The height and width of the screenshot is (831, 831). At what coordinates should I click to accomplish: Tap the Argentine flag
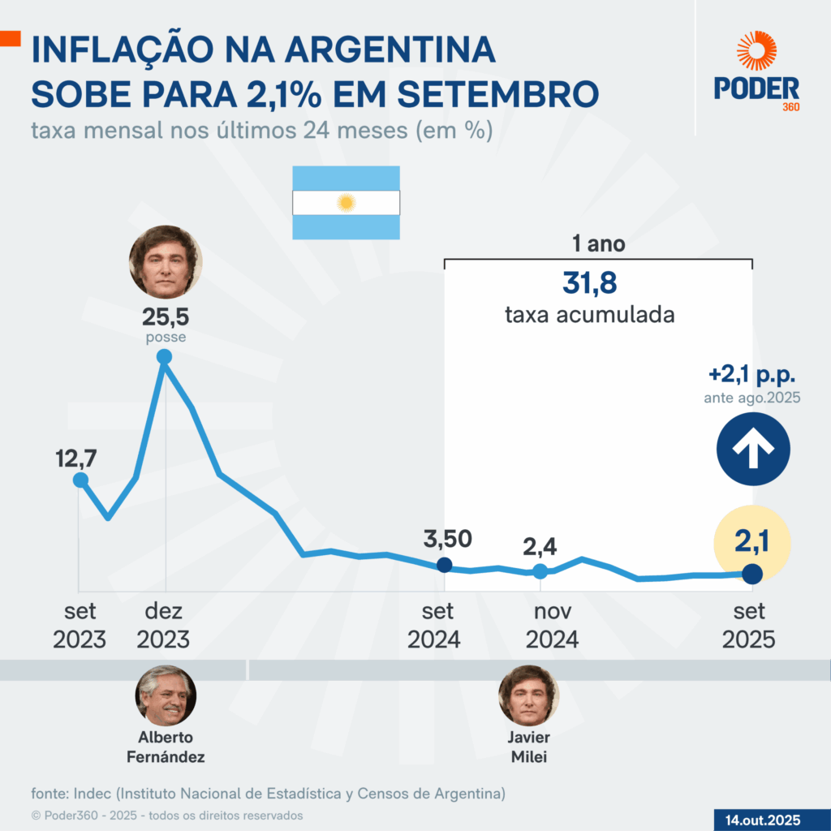(347, 203)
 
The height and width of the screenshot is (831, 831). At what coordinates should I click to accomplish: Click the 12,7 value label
(76, 459)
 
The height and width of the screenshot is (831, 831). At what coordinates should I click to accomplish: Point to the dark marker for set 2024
(445, 565)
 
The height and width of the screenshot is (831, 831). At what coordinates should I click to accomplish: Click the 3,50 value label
(447, 538)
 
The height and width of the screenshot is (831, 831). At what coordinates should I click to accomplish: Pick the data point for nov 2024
(540, 571)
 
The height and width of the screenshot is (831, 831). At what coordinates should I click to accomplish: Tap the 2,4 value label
(540, 547)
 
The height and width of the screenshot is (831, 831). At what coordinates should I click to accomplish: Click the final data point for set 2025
(752, 574)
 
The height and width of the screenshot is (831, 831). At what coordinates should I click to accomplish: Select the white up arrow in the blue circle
(752, 449)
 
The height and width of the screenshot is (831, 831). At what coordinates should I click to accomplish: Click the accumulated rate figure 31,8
(590, 284)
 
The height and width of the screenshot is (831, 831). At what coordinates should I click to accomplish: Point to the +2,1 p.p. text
(751, 376)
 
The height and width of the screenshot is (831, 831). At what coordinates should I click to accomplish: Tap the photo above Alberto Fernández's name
(166, 695)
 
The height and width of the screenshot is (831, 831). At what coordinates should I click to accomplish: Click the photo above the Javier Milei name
(528, 695)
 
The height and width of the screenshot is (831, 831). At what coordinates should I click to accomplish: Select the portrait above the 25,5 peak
(165, 261)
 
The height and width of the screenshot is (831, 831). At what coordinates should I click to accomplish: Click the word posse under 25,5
(165, 338)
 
